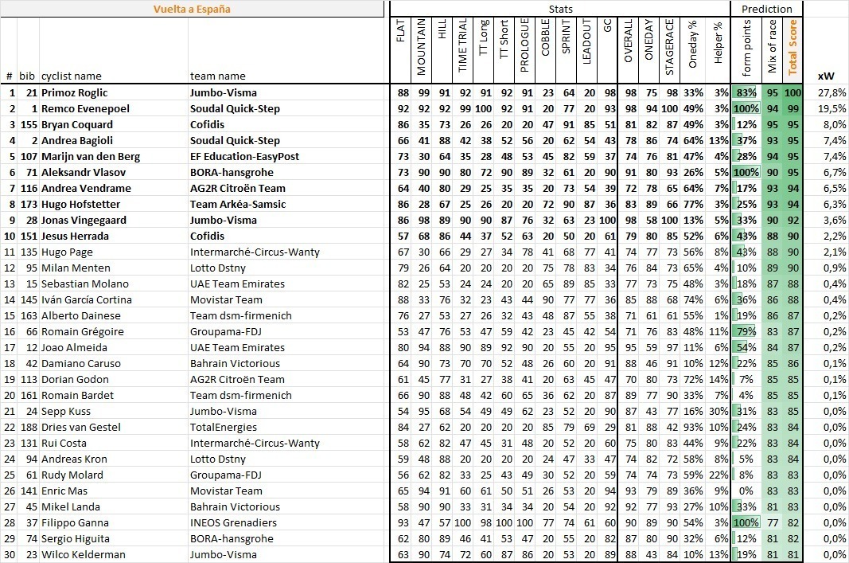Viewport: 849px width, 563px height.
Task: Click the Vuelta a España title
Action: tap(193, 10)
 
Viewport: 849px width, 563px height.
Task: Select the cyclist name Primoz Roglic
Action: tap(74, 92)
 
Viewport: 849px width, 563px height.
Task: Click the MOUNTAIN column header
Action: tap(421, 49)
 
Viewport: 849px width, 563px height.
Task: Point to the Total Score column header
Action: tap(793, 49)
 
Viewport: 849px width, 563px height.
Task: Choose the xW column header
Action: tap(825, 76)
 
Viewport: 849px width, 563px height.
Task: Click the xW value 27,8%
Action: tap(832, 92)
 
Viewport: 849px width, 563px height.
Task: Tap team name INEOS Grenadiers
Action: tap(233, 522)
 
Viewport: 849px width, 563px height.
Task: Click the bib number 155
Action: tap(28, 124)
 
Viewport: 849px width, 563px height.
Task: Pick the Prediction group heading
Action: tap(766, 9)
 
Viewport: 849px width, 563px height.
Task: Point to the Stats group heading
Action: tap(561, 9)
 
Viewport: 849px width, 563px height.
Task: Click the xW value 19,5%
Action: tap(832, 108)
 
